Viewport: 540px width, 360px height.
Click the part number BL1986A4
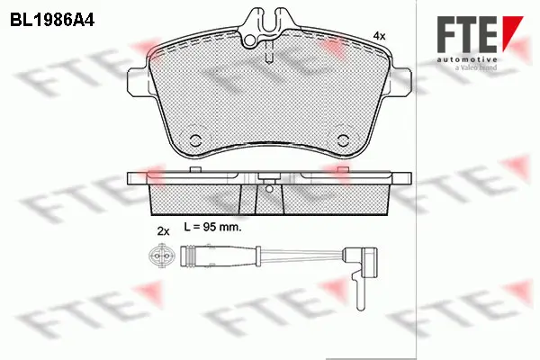click(51, 18)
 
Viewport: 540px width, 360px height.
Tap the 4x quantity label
click(379, 35)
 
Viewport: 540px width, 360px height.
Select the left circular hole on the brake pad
click(195, 137)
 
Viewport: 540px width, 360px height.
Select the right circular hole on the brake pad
click(345, 137)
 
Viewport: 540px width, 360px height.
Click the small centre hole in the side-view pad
click(270, 189)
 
